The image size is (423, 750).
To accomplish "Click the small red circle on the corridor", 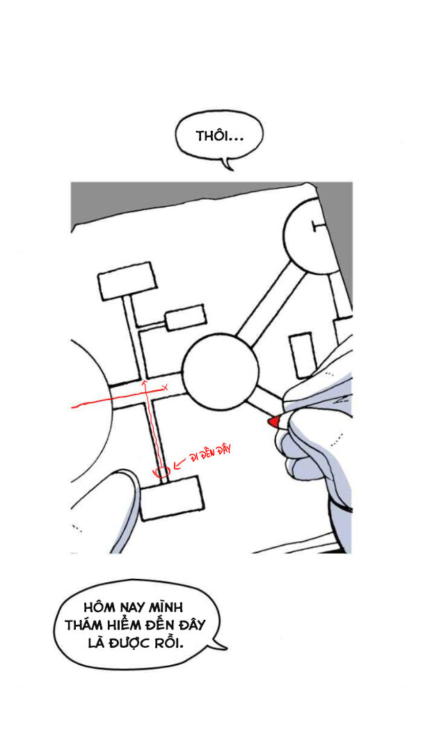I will click(x=163, y=472).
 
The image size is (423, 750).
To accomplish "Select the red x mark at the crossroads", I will click(x=165, y=387).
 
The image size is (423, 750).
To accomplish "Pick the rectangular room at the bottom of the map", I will click(x=172, y=497).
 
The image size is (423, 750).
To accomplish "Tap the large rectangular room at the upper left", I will click(x=127, y=280).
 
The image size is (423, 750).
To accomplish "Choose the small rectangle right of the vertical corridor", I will click(x=185, y=317).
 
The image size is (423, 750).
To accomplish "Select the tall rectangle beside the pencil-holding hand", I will click(x=303, y=356).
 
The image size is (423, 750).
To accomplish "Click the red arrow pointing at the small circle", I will click(x=179, y=463).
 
